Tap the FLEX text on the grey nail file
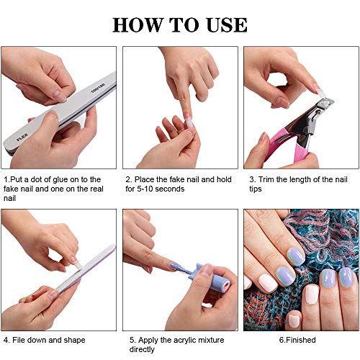[22, 137]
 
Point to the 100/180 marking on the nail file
[98, 88]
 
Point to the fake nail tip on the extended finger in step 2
[189, 122]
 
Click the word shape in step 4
[74, 341]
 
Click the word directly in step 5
[142, 350]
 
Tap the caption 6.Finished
[297, 340]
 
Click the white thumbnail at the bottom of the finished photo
[294, 320]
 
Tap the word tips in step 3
[256, 189]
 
